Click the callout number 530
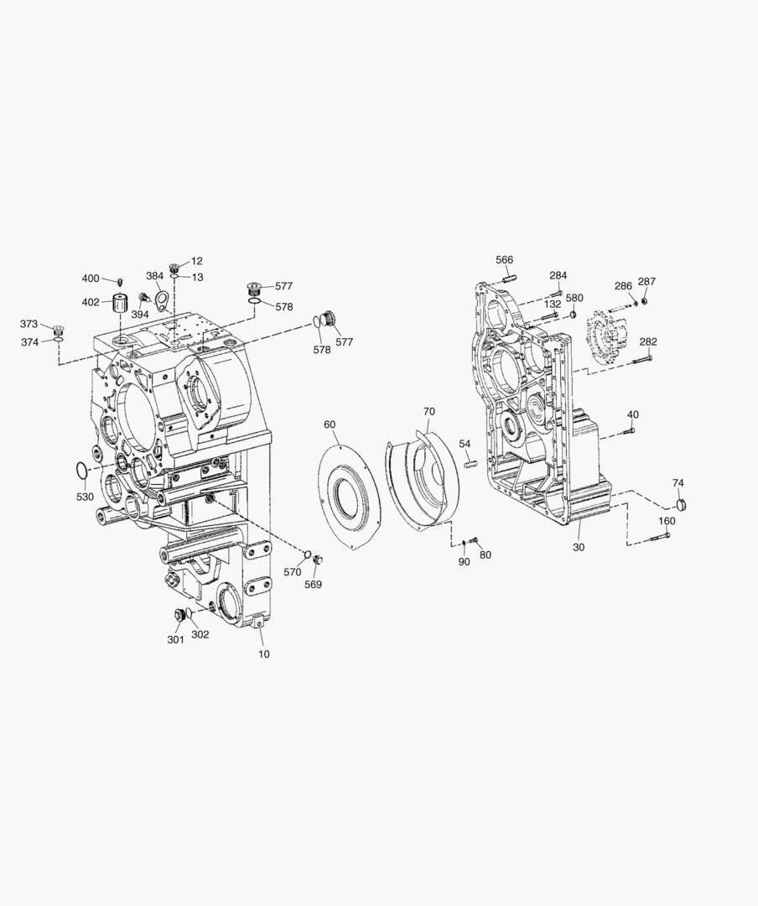pos(85,497)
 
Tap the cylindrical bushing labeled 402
pos(120,303)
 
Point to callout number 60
pos(330,424)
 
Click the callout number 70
pos(428,411)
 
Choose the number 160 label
pos(667,521)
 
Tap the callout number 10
pos(263,654)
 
